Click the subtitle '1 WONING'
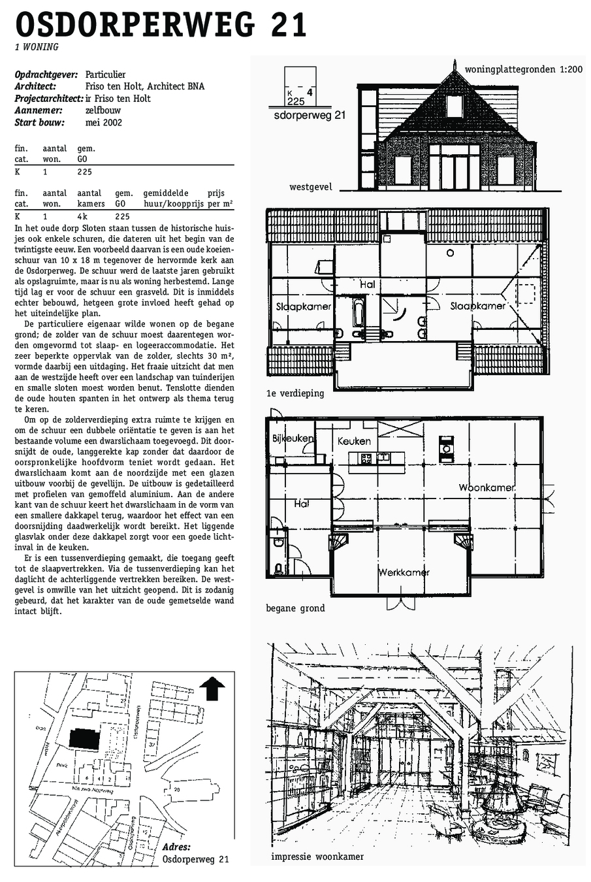[37, 47]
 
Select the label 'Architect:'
[35, 86]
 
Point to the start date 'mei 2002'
[104, 122]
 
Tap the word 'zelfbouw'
[103, 110]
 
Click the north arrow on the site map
[212, 689]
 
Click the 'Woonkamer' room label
[487, 487]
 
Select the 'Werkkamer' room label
[404, 572]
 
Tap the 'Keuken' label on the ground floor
[354, 442]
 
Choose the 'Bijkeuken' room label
[293, 438]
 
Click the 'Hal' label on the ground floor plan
[301, 504]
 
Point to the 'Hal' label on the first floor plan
[367, 284]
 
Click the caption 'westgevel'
[311, 187]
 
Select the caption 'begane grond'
[295, 608]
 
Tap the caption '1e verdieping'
[295, 393]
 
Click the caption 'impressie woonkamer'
[317, 857]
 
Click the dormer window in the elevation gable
[455, 105]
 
